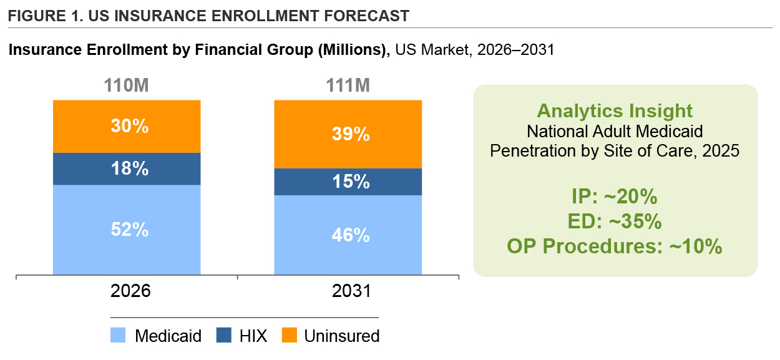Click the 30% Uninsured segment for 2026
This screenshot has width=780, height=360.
127,126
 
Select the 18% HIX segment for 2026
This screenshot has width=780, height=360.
127,168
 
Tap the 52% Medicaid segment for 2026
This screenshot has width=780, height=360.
127,230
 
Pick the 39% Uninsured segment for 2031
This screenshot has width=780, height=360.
348,134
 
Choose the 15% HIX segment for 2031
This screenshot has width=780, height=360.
348,182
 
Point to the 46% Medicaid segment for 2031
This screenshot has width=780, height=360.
348,235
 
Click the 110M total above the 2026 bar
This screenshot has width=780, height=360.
127,86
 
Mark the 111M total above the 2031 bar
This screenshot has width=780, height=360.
348,86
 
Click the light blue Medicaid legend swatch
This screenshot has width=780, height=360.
119,336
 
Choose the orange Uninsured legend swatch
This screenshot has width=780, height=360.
288,336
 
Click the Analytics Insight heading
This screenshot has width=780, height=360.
615,111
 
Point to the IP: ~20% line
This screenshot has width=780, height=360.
615,197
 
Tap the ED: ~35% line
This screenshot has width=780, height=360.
615,221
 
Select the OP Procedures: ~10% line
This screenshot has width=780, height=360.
615,246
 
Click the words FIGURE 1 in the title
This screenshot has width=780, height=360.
42,16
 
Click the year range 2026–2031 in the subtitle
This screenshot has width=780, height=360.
515,50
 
